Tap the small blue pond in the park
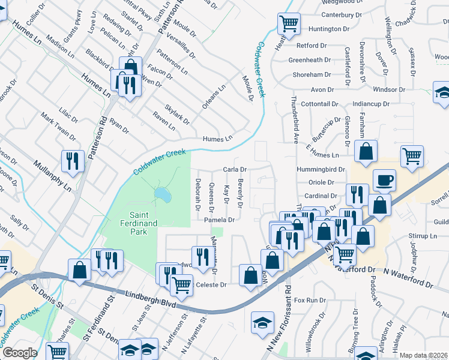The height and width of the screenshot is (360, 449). (x=161, y=194)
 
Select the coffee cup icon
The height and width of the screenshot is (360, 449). (x=384, y=179)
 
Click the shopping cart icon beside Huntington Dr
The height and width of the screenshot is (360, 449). (x=289, y=24)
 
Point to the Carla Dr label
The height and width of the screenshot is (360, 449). (x=235, y=170)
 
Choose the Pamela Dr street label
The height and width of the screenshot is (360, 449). (x=218, y=220)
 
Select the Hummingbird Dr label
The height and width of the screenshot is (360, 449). (x=320, y=170)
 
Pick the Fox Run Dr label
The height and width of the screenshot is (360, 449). (x=309, y=299)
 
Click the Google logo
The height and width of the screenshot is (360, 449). (x=19, y=353)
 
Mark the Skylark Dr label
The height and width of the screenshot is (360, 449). (x=177, y=112)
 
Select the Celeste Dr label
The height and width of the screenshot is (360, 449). (x=211, y=285)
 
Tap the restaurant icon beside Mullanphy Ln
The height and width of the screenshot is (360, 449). (x=73, y=161)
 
